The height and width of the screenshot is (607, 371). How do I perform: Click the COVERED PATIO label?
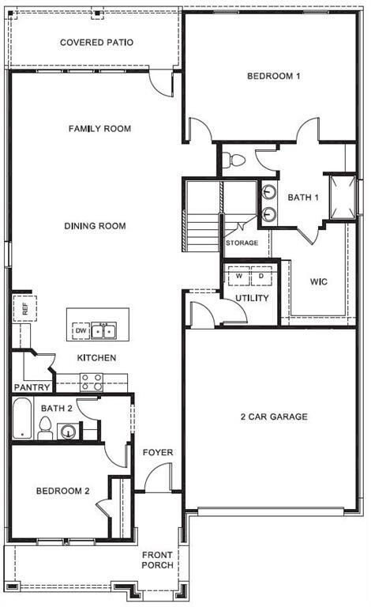pyautogui.click(x=96, y=42)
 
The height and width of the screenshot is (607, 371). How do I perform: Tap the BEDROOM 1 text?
pyautogui.click(x=274, y=77)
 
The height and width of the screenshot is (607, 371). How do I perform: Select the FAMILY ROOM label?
pyautogui.click(x=99, y=129)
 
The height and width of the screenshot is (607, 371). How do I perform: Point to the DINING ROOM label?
pyautogui.click(x=96, y=226)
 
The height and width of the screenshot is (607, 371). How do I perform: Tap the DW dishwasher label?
pyautogui.click(x=80, y=330)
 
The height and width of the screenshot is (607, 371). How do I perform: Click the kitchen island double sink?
pyautogui.click(x=103, y=330)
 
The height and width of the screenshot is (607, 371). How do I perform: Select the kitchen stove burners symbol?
pyautogui.click(x=92, y=382)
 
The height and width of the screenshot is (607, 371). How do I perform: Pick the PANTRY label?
pyautogui.click(x=32, y=388)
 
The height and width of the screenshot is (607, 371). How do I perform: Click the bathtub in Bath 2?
pyautogui.click(x=21, y=419)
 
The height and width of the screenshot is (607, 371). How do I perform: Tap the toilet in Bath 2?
pyautogui.click(x=45, y=429)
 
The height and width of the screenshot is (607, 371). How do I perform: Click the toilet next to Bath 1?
pyautogui.click(x=235, y=161)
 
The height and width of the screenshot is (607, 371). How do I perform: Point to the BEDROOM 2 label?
pyautogui.click(x=63, y=491)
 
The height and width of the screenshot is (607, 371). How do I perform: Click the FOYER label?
pyautogui.click(x=158, y=453)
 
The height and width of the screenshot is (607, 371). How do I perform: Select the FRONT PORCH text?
pyautogui.click(x=158, y=560)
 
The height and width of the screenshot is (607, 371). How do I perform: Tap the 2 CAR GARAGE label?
pyautogui.click(x=274, y=417)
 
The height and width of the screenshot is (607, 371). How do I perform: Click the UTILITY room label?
pyautogui.click(x=253, y=298)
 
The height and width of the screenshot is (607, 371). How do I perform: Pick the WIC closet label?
pyautogui.click(x=319, y=281)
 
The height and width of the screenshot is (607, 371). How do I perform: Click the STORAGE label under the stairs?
pyautogui.click(x=242, y=243)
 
